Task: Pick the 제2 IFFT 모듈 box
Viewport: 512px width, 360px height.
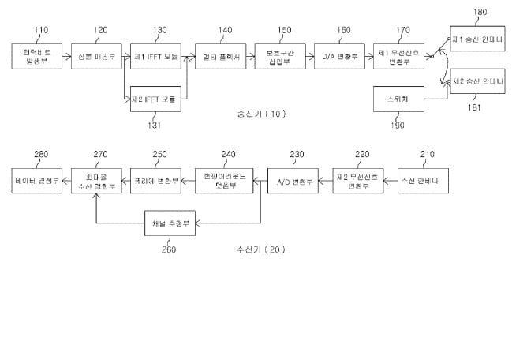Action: (155, 99)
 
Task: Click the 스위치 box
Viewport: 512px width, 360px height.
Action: (398, 99)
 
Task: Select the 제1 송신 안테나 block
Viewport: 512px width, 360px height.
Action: (476, 39)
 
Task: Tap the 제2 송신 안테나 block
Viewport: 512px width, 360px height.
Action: (476, 82)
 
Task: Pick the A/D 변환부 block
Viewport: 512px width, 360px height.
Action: (292, 182)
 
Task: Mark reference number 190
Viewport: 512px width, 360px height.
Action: (396, 126)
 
